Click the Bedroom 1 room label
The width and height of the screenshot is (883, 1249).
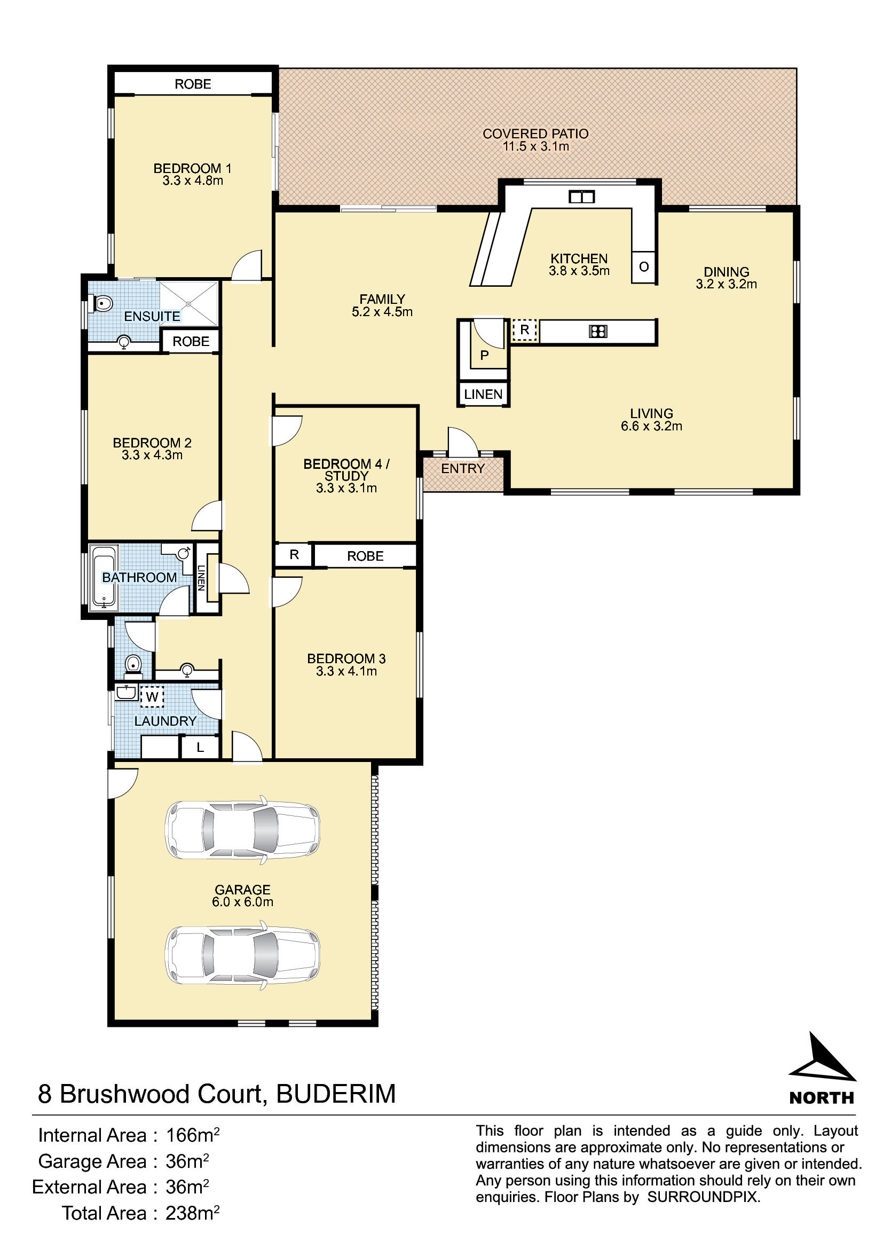[193, 168]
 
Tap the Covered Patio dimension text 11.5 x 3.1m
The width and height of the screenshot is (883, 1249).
[535, 146]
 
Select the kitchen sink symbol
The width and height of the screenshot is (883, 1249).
[581, 197]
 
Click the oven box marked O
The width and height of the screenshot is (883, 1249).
[644, 267]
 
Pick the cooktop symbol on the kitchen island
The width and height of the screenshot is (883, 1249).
[598, 331]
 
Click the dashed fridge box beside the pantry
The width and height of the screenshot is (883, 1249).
[525, 330]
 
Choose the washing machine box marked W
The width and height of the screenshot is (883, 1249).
[152, 696]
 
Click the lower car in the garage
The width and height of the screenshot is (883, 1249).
[242, 956]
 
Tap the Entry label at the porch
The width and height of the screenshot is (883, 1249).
[463, 468]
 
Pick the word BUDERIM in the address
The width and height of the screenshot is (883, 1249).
[336, 1094]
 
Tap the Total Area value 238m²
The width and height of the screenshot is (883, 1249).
[193, 1213]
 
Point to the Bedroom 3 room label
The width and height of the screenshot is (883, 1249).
[346, 658]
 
